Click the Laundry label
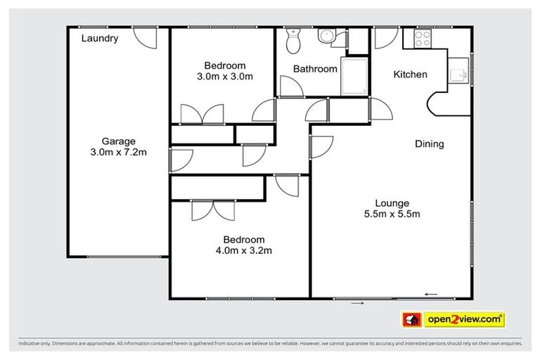99,39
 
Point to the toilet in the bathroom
293,41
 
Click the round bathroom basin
327,37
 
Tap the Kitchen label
410,75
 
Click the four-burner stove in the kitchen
423,38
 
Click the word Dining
429,144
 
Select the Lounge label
392,203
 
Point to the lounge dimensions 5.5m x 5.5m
392,214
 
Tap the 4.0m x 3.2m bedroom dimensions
244,250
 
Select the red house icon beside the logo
411,320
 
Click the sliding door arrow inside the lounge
431,294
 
